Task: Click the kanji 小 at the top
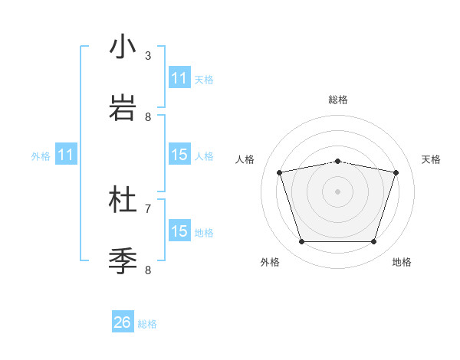(123, 47)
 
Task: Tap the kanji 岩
(123, 107)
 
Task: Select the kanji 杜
(123, 200)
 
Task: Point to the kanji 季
(123, 260)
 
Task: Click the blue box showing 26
(123, 322)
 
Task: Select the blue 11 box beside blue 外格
(66, 155)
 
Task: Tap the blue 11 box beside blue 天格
(179, 78)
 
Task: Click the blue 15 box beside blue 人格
(179, 155)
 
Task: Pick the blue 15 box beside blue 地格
(179, 231)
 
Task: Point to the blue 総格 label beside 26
(147, 324)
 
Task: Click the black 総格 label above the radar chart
(338, 100)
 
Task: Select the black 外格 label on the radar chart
(270, 262)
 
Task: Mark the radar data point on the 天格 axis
(396, 173)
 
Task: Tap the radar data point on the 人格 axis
(280, 173)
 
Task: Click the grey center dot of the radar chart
(337, 191)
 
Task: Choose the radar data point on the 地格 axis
(373, 242)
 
